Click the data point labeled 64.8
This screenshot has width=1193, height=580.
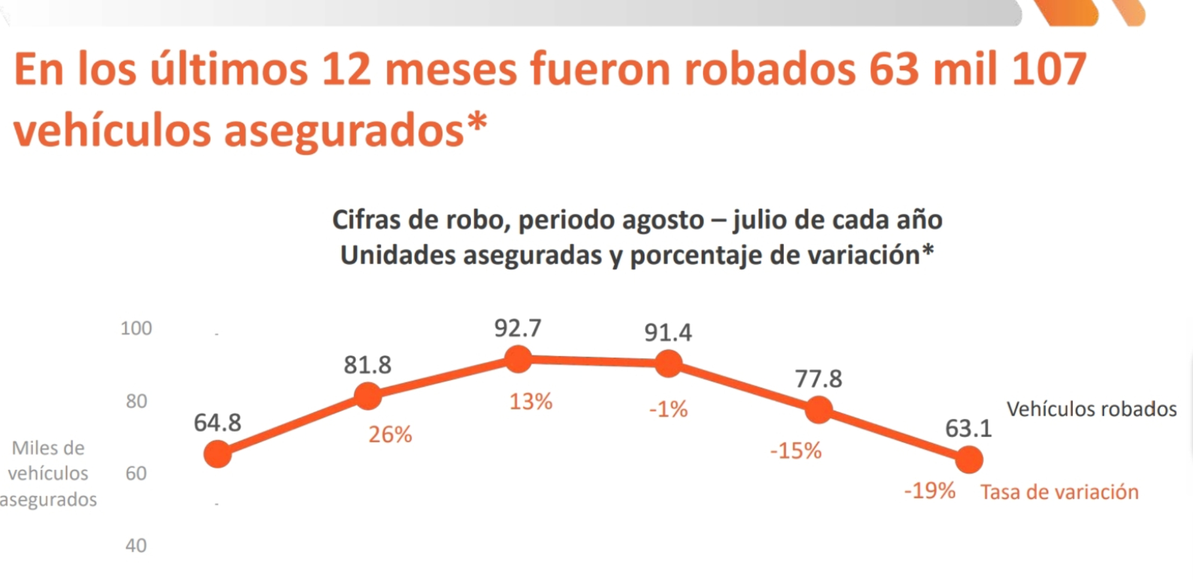click(x=218, y=454)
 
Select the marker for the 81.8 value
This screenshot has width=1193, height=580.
click(x=368, y=396)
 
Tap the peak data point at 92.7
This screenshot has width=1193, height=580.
click(x=519, y=359)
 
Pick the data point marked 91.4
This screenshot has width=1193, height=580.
click(x=669, y=364)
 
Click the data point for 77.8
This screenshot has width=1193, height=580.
click(x=818, y=410)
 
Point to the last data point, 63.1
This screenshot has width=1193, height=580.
click(x=969, y=460)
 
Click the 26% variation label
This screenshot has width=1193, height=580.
click(x=390, y=434)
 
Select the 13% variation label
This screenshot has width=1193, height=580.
click(x=531, y=402)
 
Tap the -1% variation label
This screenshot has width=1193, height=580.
click(x=669, y=410)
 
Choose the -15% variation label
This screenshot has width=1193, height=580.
click(x=796, y=451)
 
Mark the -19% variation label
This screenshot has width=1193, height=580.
click(x=930, y=491)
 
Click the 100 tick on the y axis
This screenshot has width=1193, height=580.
click(x=136, y=328)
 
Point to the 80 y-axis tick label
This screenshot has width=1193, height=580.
click(x=136, y=401)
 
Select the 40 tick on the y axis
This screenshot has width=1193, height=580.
click(x=136, y=546)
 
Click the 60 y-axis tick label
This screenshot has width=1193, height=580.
click(x=136, y=474)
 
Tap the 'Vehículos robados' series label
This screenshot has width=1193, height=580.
click(x=1091, y=409)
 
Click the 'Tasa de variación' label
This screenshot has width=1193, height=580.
click(x=1059, y=492)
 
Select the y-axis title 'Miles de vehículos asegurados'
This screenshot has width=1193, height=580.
click(x=48, y=474)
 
